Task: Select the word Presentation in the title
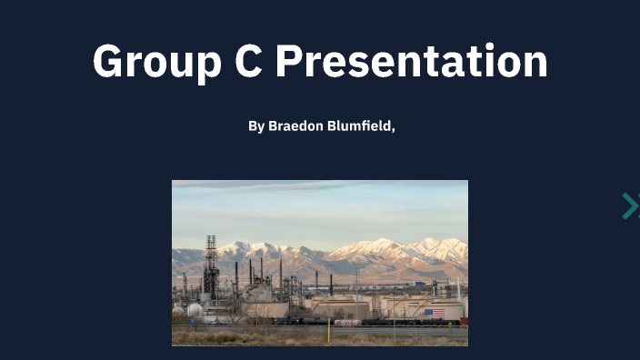(x=411, y=62)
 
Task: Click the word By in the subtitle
(x=256, y=126)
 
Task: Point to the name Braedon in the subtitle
(x=296, y=126)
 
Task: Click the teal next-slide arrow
(x=630, y=206)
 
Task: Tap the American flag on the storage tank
(x=435, y=312)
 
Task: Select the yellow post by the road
(x=328, y=330)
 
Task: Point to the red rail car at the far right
(x=464, y=321)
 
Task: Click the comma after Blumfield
(x=393, y=129)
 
